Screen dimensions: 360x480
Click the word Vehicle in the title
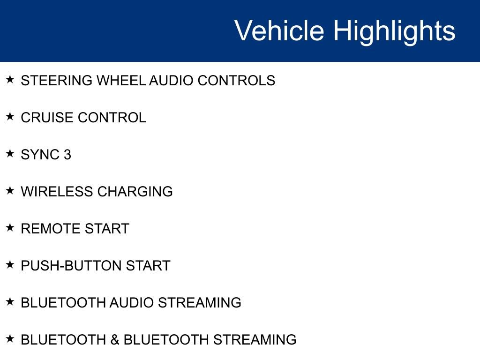[279, 31]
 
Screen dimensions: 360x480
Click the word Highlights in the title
[394, 31]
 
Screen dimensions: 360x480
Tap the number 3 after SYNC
[67, 155]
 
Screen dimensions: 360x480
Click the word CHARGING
[135, 192]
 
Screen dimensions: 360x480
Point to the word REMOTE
[51, 229]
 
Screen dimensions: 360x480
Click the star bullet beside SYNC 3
[10, 153]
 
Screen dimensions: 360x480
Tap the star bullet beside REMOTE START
[10, 227]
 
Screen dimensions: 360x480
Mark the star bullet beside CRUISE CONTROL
[10, 116]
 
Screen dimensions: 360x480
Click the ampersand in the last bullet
[115, 340]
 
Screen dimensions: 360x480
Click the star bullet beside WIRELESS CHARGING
[10, 190]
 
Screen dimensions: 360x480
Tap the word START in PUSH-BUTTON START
[148, 266]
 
